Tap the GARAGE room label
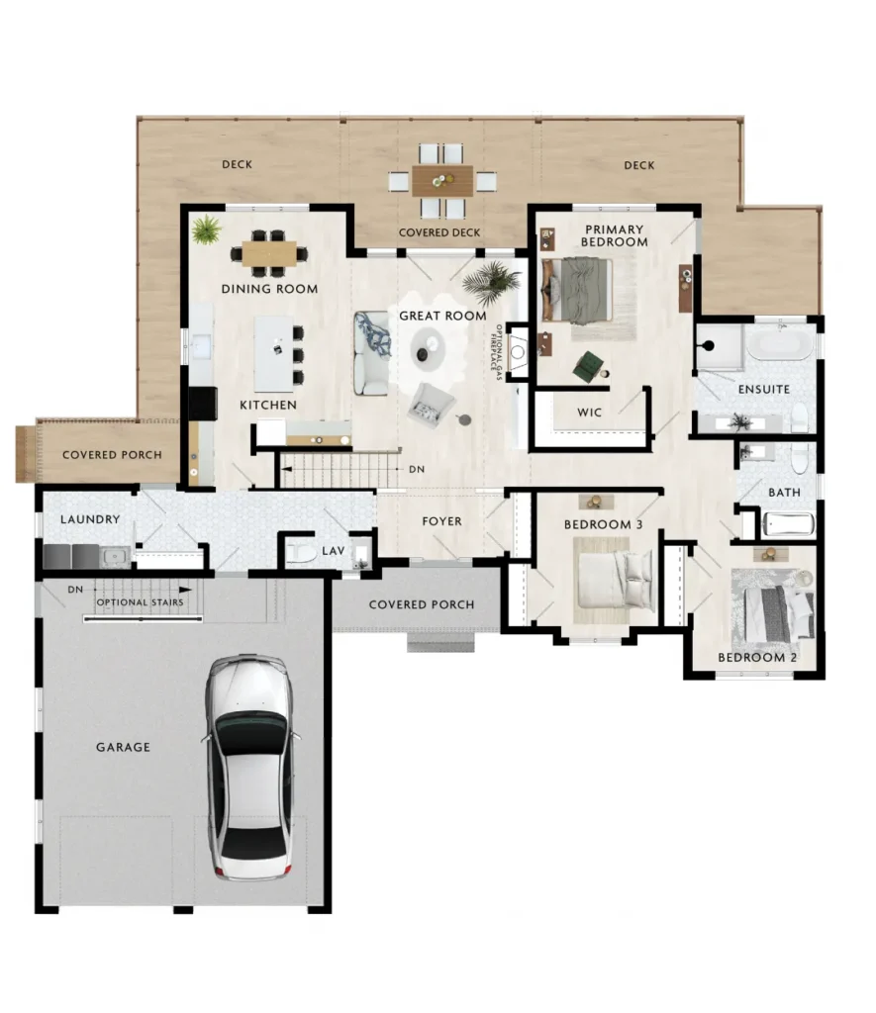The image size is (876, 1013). (x=123, y=747)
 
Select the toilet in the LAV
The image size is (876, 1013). (x=301, y=553)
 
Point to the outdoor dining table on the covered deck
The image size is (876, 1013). (x=442, y=181)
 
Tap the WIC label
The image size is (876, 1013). (x=589, y=413)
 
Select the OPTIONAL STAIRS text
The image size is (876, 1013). (x=140, y=602)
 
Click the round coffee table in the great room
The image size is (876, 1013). (x=428, y=349)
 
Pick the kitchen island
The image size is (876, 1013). (x=273, y=353)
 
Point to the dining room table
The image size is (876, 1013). (x=269, y=253)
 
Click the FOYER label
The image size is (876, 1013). (x=441, y=520)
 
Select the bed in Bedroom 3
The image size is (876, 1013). (x=614, y=580)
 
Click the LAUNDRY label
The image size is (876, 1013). (x=90, y=518)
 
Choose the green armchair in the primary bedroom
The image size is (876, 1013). (x=588, y=366)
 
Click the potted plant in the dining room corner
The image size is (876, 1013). (x=206, y=230)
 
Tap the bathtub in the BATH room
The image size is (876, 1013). (x=788, y=524)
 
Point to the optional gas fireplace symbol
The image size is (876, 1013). (x=518, y=352)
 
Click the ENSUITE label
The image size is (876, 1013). (x=763, y=389)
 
